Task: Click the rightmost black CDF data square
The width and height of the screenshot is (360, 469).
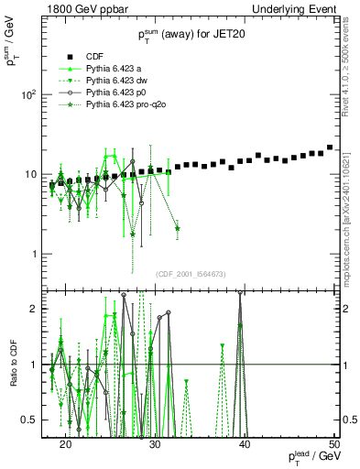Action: (330, 147)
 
